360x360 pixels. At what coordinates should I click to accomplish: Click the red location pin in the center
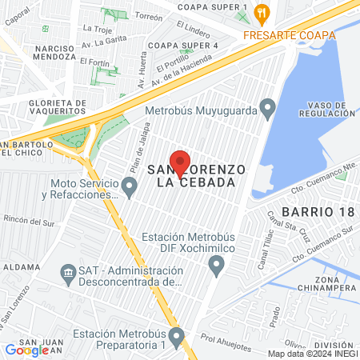tap(180, 162)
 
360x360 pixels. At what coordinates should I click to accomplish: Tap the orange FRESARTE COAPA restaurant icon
tap(260, 11)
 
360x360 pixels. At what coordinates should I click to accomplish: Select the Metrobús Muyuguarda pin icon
tap(268, 107)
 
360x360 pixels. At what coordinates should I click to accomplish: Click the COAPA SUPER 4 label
tap(183, 46)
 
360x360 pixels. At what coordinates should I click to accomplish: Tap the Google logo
tap(27, 350)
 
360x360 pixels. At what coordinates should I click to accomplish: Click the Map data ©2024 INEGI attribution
tap(313, 354)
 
